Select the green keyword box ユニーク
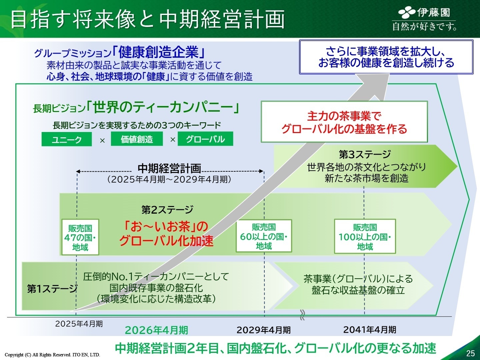pos(67,139)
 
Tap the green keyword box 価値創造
pos(137,139)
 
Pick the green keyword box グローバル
pos(205,139)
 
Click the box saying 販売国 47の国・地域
pos(80,237)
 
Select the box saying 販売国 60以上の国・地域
pos(264,236)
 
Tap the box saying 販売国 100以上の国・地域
pos(365,237)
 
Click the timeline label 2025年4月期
pos(79,324)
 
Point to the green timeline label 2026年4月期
pos(156,330)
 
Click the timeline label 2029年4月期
pos(263,330)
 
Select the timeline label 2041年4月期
pos(370,330)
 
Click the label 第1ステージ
pos(52,289)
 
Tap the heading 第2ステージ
pos(167,210)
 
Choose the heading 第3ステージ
pos(365,154)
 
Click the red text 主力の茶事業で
pos(344,116)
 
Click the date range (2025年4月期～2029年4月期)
pos(169,179)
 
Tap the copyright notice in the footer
pos(52,355)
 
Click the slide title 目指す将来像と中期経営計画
pos(148,19)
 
